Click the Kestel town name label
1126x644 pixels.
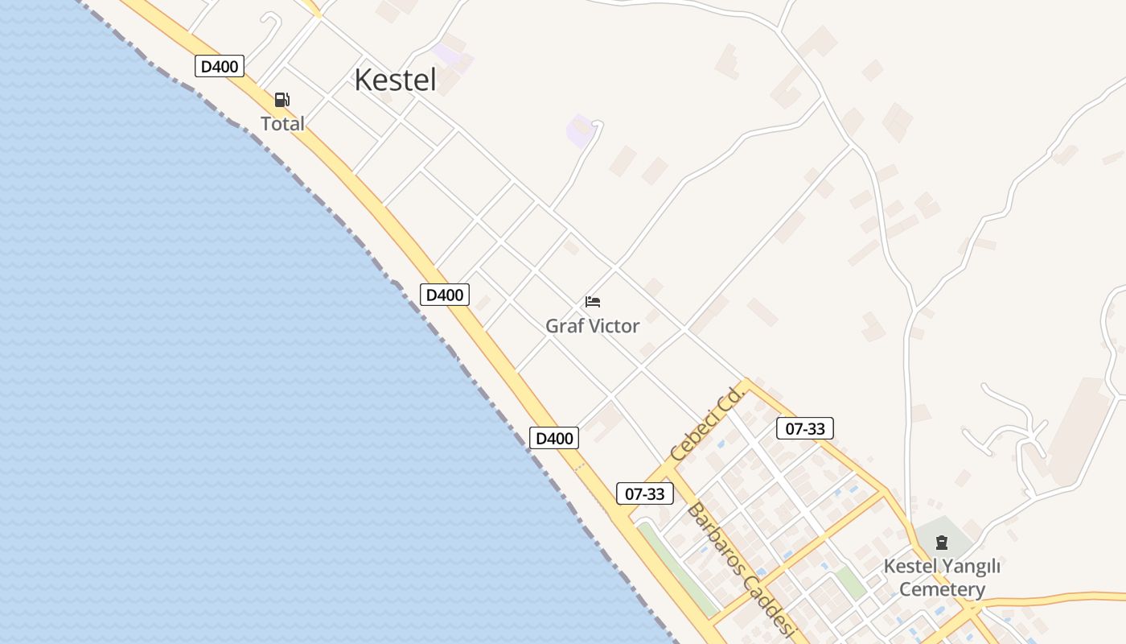(395, 80)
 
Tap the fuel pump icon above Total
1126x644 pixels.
(282, 100)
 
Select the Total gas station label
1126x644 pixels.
(282, 124)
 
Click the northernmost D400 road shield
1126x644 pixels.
(219, 66)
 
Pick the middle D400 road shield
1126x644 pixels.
(444, 295)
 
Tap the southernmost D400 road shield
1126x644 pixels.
(554, 438)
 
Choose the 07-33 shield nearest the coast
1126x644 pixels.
(644, 493)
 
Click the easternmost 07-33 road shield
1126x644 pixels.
(804, 428)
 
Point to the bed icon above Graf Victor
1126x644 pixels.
(593, 302)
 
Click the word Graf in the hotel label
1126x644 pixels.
(565, 326)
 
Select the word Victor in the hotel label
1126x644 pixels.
(613, 326)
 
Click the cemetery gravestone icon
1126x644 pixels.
(942, 543)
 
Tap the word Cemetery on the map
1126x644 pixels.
(942, 589)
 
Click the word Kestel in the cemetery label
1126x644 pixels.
(910, 566)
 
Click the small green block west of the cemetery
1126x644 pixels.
(849, 581)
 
